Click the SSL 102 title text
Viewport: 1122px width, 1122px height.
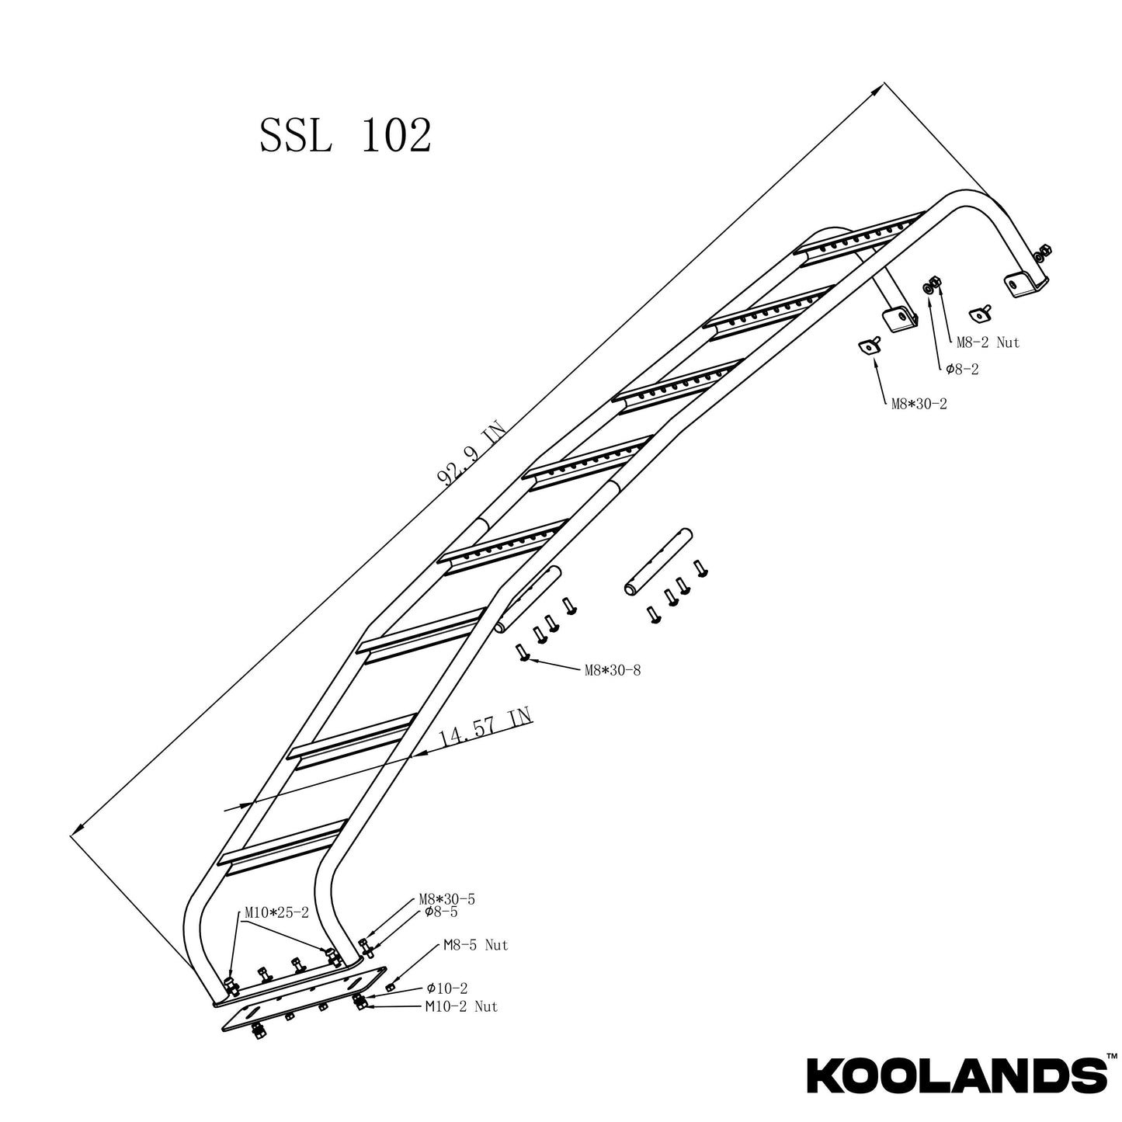[345, 136]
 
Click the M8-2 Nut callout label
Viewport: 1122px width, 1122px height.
[987, 342]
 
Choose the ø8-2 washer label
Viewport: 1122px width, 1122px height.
[961, 370]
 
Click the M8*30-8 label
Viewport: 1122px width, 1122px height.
[612, 671]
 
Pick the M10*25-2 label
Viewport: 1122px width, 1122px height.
[276, 913]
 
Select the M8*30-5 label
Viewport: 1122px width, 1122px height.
[446, 899]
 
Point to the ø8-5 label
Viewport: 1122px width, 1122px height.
[440, 912]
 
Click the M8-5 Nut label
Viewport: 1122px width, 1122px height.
[475, 946]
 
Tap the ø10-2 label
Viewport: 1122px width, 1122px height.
[446, 988]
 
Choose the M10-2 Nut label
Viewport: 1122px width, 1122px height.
[461, 1007]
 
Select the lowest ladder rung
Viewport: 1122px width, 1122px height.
[283, 842]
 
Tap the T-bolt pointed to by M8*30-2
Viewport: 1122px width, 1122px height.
[868, 346]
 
